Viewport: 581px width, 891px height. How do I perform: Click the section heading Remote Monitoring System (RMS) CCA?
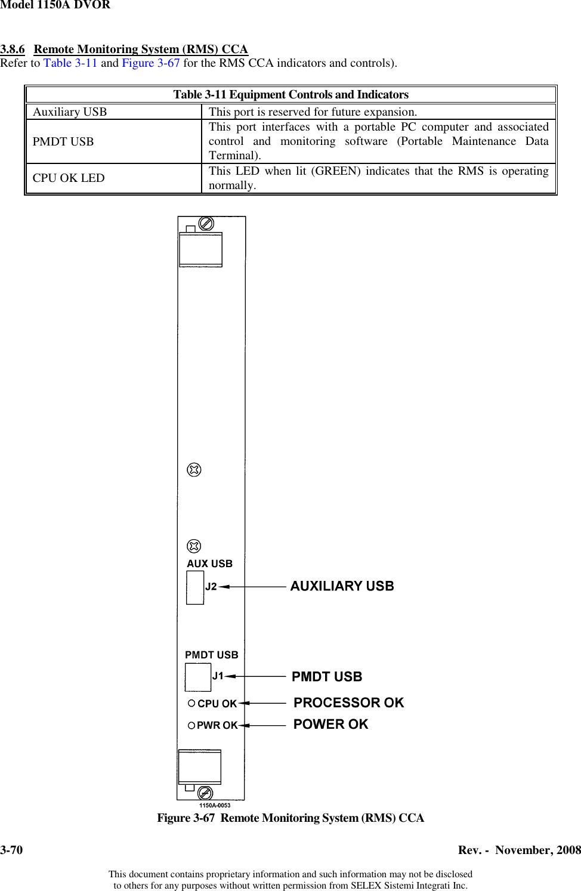140,49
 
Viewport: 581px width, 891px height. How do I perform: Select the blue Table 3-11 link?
70,63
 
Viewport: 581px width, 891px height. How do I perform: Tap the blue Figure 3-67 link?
151,63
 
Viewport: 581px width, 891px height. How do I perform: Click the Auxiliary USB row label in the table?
70,112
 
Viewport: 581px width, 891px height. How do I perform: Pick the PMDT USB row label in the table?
63,142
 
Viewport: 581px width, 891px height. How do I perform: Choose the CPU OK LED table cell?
69,178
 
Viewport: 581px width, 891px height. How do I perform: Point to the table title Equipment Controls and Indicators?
290,95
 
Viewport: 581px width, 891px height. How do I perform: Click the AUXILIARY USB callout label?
342,586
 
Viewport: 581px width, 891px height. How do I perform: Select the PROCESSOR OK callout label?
348,703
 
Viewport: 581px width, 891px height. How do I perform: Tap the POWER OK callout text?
330,724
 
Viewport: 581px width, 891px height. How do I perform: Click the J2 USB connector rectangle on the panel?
195,587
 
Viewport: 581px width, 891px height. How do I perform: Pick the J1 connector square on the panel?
197,677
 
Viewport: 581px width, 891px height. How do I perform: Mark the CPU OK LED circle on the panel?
191,703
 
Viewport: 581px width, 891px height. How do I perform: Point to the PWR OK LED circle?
191,725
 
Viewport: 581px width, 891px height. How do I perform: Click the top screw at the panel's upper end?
206,224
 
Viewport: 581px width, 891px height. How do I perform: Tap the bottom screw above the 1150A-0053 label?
205,793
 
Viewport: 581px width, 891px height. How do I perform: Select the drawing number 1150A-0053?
215,805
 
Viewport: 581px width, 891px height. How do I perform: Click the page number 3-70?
11,850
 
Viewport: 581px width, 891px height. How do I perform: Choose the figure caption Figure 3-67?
290,818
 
